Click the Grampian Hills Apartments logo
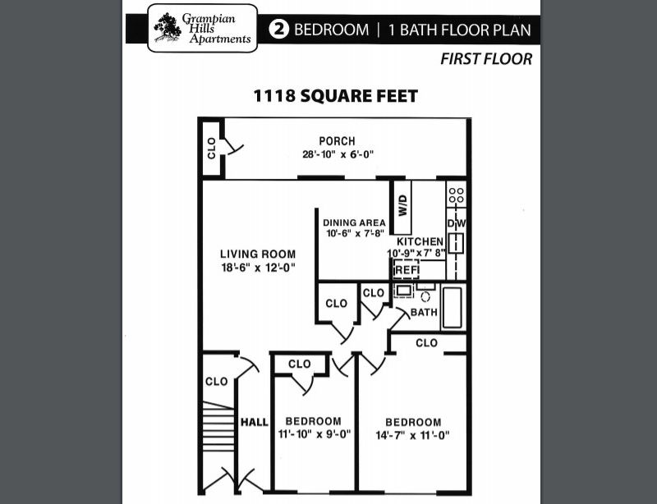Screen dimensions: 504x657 [x=202, y=28]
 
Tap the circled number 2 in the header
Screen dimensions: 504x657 [x=279, y=30]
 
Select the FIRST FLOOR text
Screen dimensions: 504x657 [x=486, y=59]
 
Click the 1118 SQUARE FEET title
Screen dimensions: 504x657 [x=335, y=96]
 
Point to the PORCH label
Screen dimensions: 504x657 [x=337, y=141]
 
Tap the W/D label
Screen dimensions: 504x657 [x=403, y=205]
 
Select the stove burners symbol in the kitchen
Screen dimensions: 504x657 [x=456, y=196]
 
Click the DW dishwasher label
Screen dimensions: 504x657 [x=456, y=223]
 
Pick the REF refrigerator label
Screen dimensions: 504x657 [x=407, y=269]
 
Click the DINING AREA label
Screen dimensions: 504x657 [x=354, y=222]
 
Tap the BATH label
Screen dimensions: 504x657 [x=424, y=313]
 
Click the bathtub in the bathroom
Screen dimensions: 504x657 [x=453, y=307]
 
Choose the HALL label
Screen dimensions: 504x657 [x=255, y=422]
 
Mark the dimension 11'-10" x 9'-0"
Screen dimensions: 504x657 [x=315, y=434]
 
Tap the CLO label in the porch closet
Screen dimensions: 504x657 [x=211, y=148]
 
